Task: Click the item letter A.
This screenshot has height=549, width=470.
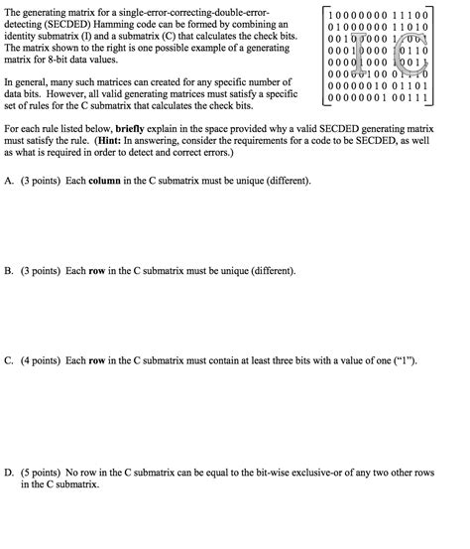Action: pos(9,181)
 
